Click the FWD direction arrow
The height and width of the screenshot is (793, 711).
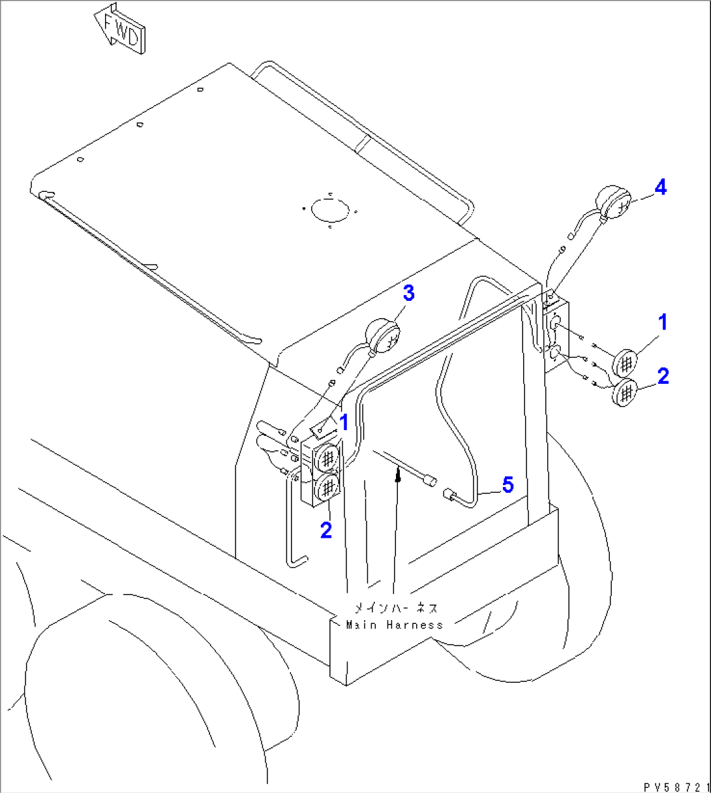point(119,30)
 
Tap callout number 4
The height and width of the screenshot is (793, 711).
point(660,188)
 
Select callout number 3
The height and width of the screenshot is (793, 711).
point(408,294)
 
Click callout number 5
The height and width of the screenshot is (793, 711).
point(507,484)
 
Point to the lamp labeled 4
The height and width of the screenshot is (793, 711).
point(614,202)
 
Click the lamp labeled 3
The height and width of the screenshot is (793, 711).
point(383,337)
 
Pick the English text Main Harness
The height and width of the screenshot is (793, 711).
point(395,625)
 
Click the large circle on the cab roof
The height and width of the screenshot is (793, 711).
point(331,210)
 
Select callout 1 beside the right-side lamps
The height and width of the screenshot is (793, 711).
point(662,322)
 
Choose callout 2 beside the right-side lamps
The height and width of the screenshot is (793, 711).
point(663,376)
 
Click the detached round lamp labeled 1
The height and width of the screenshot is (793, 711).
point(626,361)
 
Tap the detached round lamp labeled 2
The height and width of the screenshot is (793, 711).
point(626,392)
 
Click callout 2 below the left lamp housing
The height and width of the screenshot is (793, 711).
point(325,530)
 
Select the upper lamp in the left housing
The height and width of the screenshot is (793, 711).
point(327,456)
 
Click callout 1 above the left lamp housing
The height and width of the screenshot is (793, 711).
point(342,422)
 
